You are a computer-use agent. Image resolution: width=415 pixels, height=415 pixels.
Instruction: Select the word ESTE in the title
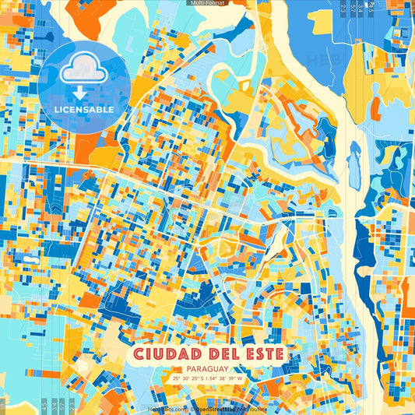(258, 355)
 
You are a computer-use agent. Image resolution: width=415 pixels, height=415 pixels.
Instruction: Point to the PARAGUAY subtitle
(207, 368)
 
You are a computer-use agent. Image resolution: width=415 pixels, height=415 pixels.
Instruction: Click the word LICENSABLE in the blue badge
(83, 110)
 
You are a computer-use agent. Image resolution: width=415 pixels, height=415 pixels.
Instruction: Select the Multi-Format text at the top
(207, 3)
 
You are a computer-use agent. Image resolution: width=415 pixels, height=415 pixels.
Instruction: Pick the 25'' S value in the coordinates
(201, 378)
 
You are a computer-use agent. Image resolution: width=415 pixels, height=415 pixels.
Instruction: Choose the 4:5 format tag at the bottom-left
(44, 406)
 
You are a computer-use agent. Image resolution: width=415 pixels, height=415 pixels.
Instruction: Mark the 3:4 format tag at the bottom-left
(54, 406)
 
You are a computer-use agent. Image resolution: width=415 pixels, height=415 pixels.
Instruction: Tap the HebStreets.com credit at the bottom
(167, 409)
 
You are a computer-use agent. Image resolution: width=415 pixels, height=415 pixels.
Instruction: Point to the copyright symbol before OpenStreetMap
(192, 409)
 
